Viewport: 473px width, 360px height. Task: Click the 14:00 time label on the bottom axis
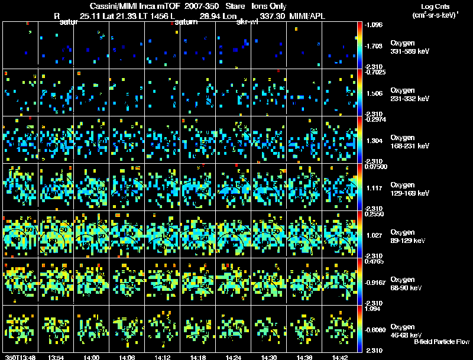pyautogui.click(x=92, y=357)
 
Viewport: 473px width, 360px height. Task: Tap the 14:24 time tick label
pyautogui.click(x=234, y=357)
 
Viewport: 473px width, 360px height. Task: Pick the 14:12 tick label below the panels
pyautogui.click(x=163, y=357)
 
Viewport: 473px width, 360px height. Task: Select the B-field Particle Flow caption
pyautogui.click(x=442, y=342)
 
